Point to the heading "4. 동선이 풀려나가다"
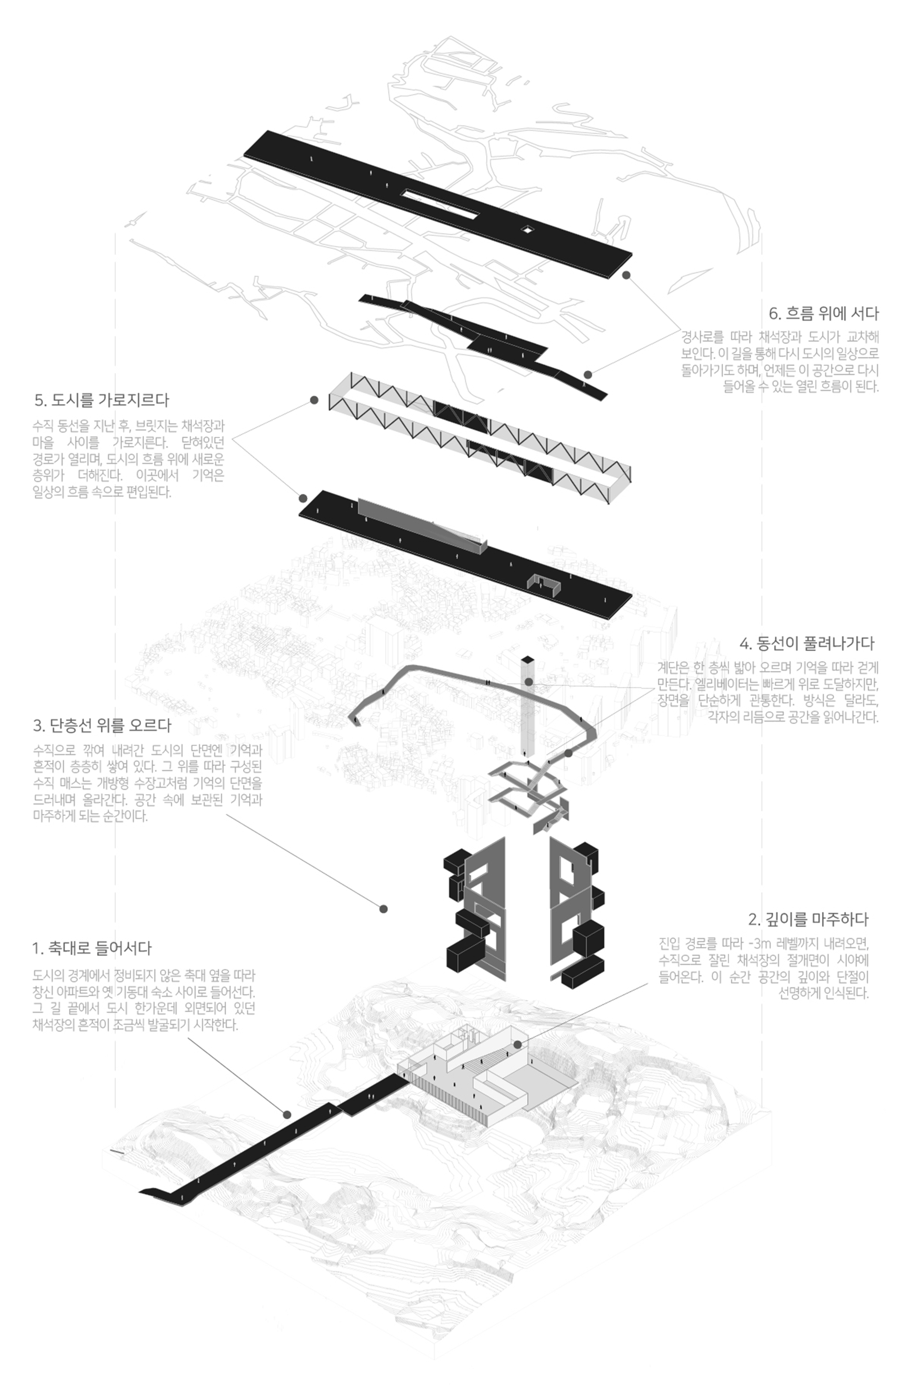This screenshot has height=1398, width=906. point(807,643)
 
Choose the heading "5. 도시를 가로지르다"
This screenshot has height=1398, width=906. point(101,400)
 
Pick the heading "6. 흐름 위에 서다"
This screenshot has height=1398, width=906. point(823,313)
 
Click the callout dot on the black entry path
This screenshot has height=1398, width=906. point(287,1114)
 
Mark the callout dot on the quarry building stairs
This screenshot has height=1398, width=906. point(517,1044)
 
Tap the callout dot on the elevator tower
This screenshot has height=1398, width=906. point(528,682)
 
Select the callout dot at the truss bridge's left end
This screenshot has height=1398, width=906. point(314,400)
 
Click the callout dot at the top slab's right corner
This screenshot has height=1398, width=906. point(627,275)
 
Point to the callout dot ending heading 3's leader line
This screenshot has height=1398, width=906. point(384,909)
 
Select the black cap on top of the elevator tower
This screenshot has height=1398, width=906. point(527,660)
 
